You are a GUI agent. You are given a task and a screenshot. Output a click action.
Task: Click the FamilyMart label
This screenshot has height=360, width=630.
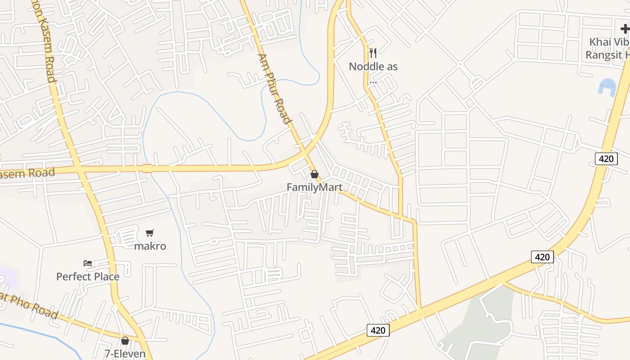pyautogui.click(x=315, y=187)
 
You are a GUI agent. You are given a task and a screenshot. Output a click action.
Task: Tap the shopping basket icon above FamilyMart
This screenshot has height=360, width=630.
pyautogui.click(x=315, y=174)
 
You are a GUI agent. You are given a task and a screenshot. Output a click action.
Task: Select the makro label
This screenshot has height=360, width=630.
pyautogui.click(x=150, y=246)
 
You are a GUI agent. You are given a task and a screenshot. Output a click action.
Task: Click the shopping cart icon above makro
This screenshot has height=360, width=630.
pyautogui.click(x=150, y=233)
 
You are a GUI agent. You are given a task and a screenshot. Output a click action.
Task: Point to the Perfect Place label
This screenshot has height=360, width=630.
pyautogui.click(x=88, y=276)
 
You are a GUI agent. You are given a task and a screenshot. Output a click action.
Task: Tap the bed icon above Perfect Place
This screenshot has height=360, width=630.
pyautogui.click(x=88, y=263)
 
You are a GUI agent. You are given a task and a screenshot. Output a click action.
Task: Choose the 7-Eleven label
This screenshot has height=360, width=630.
pyautogui.click(x=125, y=354)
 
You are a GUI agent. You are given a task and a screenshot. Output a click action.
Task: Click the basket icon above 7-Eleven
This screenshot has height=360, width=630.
pyautogui.click(x=125, y=341)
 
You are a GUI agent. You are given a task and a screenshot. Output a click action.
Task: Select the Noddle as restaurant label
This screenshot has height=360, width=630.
pyautogui.click(x=373, y=67)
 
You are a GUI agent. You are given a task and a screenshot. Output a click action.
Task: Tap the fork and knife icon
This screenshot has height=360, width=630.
pyautogui.click(x=373, y=54)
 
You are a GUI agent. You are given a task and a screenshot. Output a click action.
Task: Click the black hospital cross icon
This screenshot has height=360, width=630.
pyautogui.click(x=625, y=29)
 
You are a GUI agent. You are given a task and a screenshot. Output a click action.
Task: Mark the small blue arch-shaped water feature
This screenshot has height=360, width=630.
pyautogui.click(x=607, y=87)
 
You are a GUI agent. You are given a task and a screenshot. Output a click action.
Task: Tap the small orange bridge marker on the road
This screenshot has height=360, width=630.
pyautogui.click(x=147, y=169)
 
